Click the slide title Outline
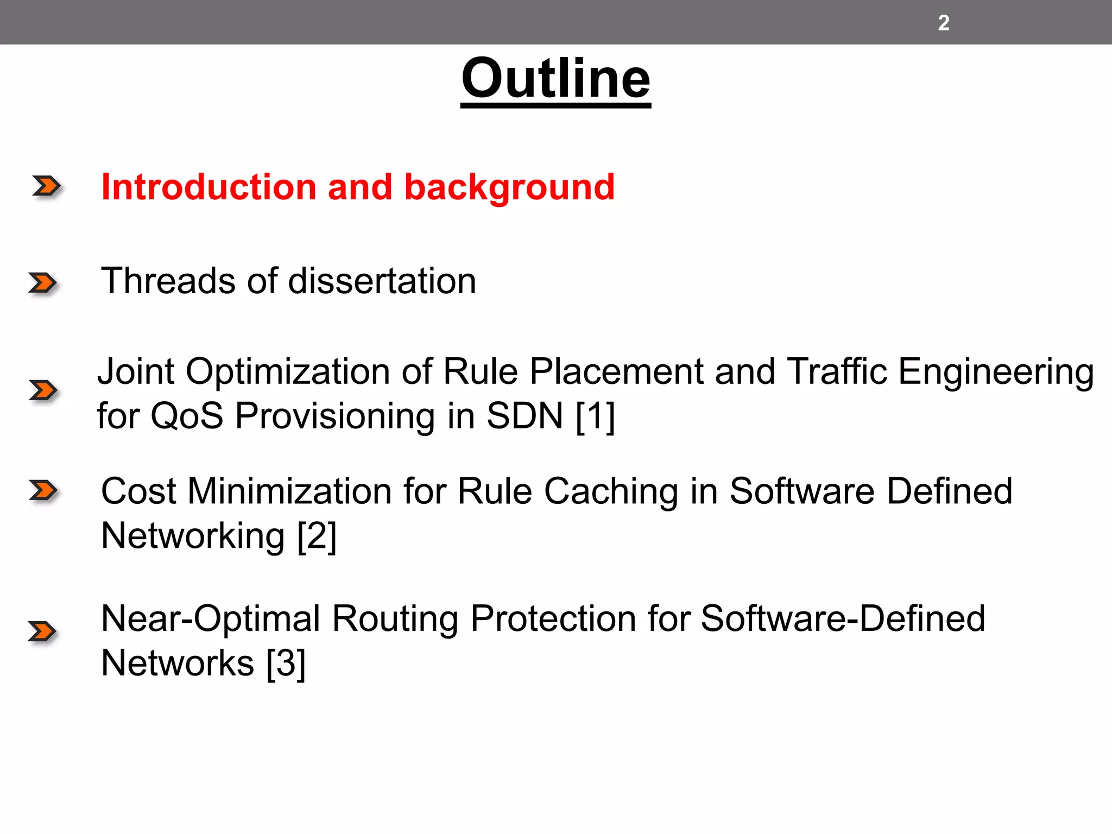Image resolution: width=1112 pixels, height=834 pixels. pyautogui.click(x=555, y=79)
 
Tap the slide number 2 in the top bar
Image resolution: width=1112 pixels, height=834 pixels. pyautogui.click(x=944, y=23)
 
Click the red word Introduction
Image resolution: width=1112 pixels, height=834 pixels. pyautogui.click(x=208, y=187)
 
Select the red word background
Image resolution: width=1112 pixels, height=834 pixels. pyautogui.click(x=509, y=188)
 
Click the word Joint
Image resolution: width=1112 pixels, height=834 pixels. pyautogui.click(x=136, y=372)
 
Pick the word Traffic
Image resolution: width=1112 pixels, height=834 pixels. pyautogui.click(x=837, y=372)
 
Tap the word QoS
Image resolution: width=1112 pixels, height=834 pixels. pyautogui.click(x=187, y=416)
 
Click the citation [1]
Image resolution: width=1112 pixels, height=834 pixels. pyautogui.click(x=595, y=416)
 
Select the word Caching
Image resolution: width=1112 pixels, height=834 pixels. pyautogui.click(x=611, y=491)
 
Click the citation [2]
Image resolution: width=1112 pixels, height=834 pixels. pyautogui.click(x=317, y=536)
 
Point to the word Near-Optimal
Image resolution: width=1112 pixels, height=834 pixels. pyautogui.click(x=211, y=619)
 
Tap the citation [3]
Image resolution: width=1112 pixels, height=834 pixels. pyautogui.click(x=286, y=664)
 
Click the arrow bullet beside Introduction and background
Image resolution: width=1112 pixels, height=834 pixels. pyautogui.click(x=46, y=186)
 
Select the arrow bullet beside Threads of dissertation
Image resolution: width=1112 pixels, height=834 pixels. pyautogui.click(x=43, y=283)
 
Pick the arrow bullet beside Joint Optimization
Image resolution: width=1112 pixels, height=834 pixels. pyautogui.click(x=43, y=390)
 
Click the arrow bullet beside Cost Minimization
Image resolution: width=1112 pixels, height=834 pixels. pyautogui.click(x=43, y=490)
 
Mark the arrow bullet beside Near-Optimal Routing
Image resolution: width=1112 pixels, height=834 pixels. pyautogui.click(x=42, y=631)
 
